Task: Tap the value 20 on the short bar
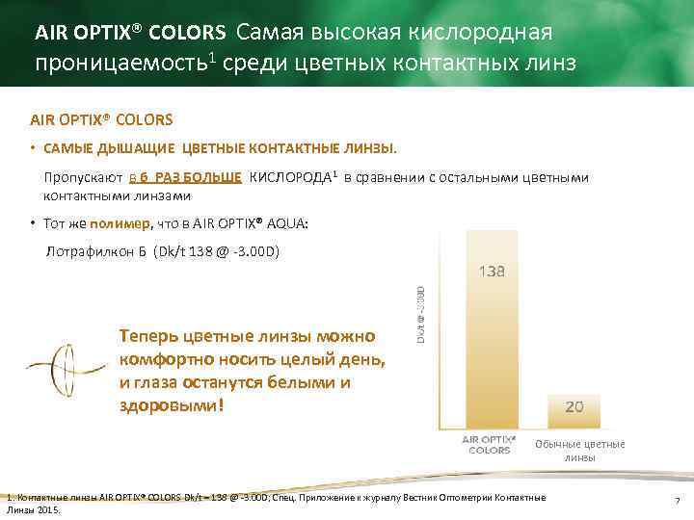coord(574,407)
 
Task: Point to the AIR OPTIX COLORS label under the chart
coord(490,444)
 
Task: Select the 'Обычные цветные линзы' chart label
coord(579,451)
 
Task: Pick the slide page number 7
coord(678,502)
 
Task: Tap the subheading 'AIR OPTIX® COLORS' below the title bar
coord(101,120)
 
